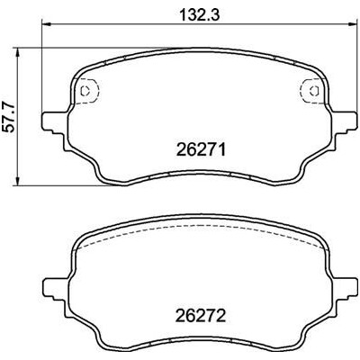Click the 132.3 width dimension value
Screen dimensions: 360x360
(x=200, y=15)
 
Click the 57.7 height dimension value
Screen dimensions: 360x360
(x=10, y=117)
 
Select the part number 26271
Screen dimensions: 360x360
(x=201, y=149)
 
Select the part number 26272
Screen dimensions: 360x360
(x=201, y=315)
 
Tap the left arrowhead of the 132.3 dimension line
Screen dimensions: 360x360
(x=47, y=24)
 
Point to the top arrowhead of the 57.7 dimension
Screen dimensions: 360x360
(x=19, y=54)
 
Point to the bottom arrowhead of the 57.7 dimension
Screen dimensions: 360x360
(x=19, y=179)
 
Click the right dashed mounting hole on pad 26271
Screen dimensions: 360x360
(x=313, y=91)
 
